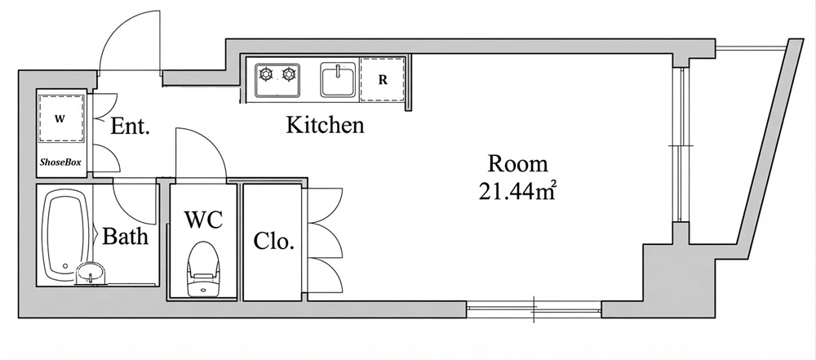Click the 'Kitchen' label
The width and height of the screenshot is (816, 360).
325,126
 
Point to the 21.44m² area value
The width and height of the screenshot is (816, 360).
520,193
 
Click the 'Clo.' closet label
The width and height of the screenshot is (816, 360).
273,242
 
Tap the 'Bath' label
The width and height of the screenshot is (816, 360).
125,238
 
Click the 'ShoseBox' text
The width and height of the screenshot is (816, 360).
61,163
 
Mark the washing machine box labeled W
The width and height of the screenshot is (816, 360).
60,119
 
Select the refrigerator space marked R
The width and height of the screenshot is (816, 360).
382,81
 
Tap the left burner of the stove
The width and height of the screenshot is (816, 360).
266,76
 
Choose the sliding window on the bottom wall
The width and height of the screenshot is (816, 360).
534,308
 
